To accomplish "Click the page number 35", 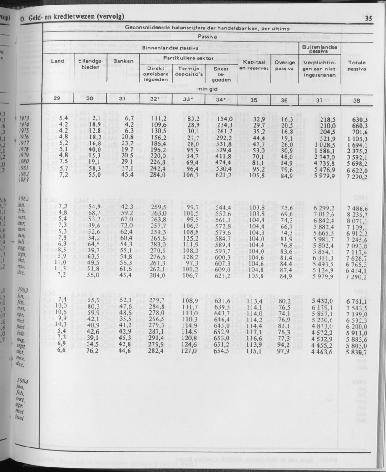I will (368, 19).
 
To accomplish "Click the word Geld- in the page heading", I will (37, 18).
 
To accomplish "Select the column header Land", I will (58, 61).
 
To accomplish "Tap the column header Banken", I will (123, 61).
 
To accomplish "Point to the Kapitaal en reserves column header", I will (254, 65).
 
